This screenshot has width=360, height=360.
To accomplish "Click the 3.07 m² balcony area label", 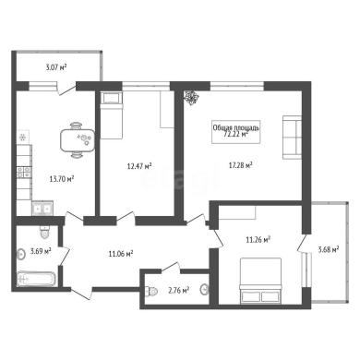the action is click(56, 67).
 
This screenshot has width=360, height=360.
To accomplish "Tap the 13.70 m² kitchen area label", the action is click(62, 178).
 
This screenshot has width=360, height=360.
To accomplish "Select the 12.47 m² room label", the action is click(139, 166).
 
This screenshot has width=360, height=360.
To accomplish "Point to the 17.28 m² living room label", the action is click(240, 165).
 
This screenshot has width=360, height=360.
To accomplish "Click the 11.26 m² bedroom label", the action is click(258, 239).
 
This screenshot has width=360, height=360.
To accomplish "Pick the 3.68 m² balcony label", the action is click(329, 249).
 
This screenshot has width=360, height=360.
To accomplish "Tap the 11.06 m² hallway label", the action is click(121, 254).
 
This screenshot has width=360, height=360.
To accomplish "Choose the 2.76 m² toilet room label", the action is click(178, 290).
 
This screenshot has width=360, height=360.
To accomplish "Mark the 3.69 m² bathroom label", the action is click(41, 251).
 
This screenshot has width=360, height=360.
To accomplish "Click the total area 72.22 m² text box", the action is click(236, 131).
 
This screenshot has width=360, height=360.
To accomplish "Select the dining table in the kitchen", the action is click(78, 140).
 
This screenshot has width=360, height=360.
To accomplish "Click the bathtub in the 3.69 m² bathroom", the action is click(37, 279).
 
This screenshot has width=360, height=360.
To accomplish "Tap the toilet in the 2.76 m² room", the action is click(152, 291).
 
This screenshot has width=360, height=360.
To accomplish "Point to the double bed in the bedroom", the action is click(260, 280).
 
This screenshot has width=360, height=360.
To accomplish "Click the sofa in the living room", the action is click(292, 138).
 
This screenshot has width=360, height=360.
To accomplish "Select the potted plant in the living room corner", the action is click(191, 98).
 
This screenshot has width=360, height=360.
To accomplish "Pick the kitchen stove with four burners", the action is click(24, 173).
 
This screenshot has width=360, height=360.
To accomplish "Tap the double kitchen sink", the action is click(42, 209).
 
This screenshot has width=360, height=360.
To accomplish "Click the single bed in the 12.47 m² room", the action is click(112, 115).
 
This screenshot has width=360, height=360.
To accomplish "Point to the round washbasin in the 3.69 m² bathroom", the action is click(20, 254).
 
